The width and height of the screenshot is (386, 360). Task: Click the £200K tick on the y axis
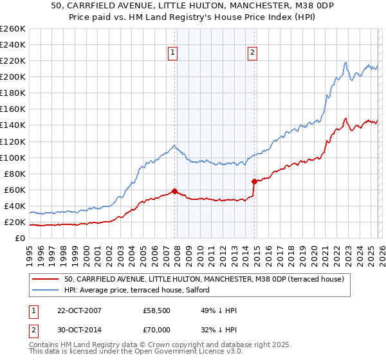(x=12, y=76)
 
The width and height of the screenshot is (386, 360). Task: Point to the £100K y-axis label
(x=12, y=157)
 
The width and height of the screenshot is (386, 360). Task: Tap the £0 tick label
(x=20, y=239)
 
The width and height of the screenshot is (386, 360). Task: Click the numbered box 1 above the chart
(x=174, y=53)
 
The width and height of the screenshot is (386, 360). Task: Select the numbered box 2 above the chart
(x=253, y=53)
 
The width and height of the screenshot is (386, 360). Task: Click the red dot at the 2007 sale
(x=174, y=191)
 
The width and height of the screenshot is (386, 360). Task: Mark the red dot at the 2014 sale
(x=254, y=181)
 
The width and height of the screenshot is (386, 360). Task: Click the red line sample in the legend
(x=45, y=279)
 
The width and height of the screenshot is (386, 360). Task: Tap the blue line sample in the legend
(x=45, y=290)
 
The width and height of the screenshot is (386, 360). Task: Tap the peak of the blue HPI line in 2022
(x=345, y=62)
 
